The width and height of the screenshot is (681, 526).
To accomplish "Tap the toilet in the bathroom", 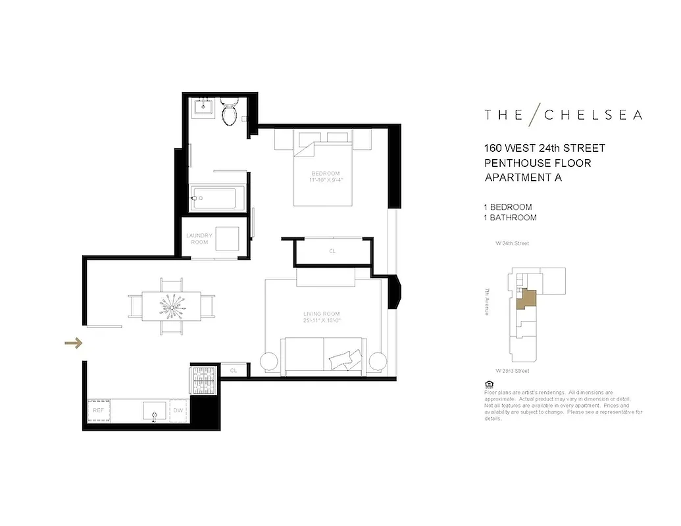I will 230,113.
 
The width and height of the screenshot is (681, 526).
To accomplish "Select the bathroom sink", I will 203,107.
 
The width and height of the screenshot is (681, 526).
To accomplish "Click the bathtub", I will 217,196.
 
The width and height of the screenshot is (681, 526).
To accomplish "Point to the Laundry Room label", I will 197,239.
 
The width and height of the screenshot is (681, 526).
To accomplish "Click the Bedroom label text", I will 325,177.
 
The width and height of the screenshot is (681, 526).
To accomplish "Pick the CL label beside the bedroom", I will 332,251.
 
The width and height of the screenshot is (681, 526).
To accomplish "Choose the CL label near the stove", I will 233,371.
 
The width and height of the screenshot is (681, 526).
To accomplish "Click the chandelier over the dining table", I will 172,306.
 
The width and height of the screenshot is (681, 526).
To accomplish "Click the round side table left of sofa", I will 270,362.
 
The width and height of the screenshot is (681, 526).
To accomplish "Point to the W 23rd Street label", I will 513,371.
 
